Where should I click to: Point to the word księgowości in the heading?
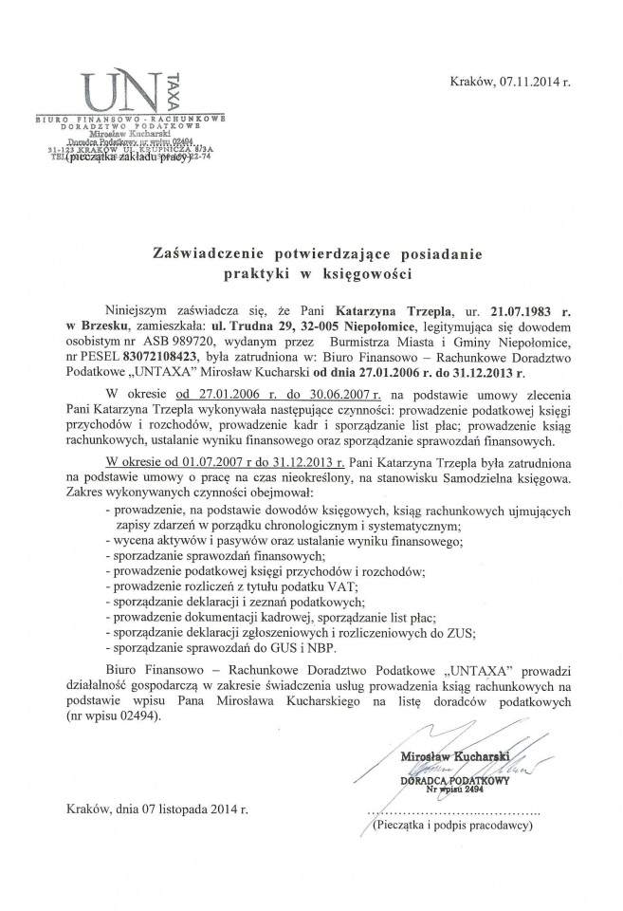click(x=370, y=273)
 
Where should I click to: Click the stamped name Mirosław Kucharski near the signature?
click(x=456, y=755)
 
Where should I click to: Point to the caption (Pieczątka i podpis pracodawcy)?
click(x=449, y=826)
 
